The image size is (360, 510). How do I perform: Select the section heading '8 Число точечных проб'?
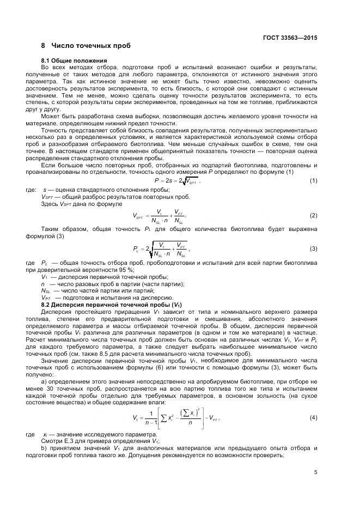86,45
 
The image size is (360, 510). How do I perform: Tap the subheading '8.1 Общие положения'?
74,60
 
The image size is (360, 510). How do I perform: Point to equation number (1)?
314,180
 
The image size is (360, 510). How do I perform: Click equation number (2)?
314,216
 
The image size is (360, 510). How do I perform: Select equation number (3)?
314,248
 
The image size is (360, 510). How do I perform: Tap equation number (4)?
314,417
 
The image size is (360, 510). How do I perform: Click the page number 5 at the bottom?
315,472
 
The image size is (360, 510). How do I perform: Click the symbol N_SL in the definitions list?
45,291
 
